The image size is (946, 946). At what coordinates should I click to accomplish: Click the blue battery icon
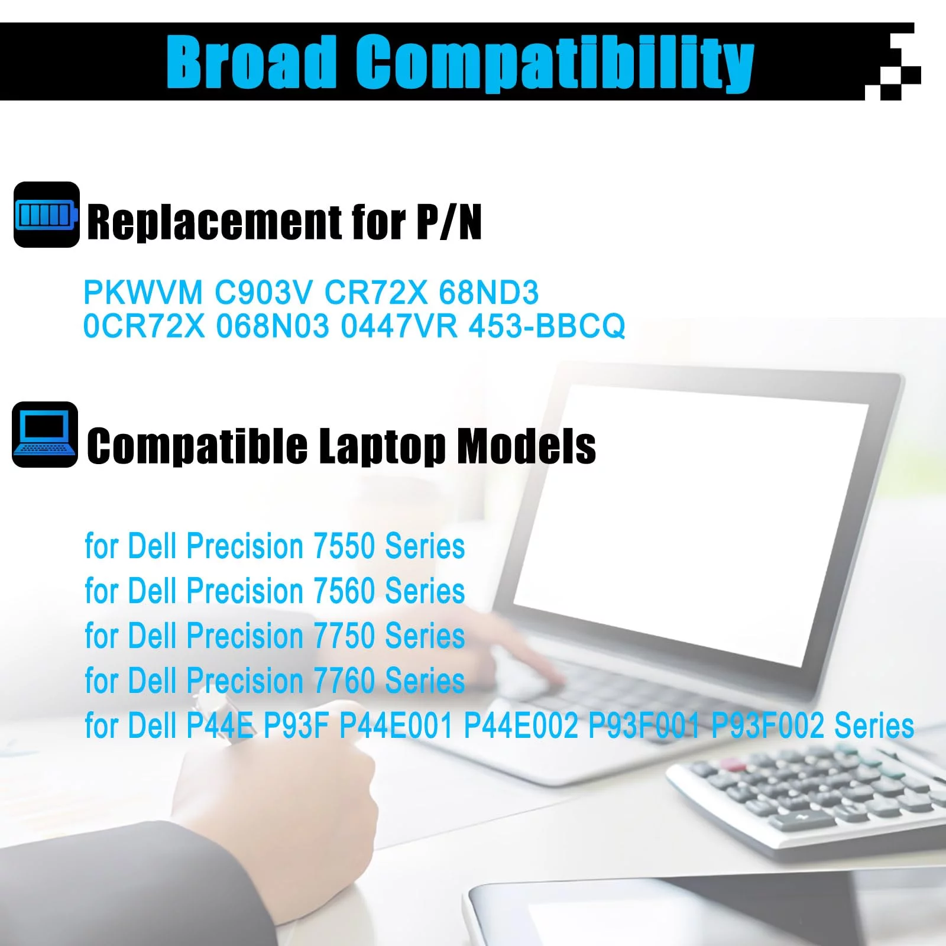(47, 215)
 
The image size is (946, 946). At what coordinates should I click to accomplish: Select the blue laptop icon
(45, 435)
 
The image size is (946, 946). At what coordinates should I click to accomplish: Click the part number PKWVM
(143, 292)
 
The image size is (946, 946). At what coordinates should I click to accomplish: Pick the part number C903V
(264, 292)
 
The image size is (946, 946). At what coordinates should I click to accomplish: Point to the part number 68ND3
(489, 292)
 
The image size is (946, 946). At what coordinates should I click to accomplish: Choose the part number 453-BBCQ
(547, 326)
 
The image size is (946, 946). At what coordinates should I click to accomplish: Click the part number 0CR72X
(144, 326)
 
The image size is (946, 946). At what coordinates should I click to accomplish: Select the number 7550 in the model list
(344, 546)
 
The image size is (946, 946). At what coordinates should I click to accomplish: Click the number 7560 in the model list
(344, 591)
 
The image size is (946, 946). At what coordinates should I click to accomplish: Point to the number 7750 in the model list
(344, 636)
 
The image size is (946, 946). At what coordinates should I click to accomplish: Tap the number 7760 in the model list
(344, 681)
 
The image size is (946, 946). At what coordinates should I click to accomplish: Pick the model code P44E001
(396, 725)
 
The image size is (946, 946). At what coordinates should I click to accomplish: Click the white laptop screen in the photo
(692, 520)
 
